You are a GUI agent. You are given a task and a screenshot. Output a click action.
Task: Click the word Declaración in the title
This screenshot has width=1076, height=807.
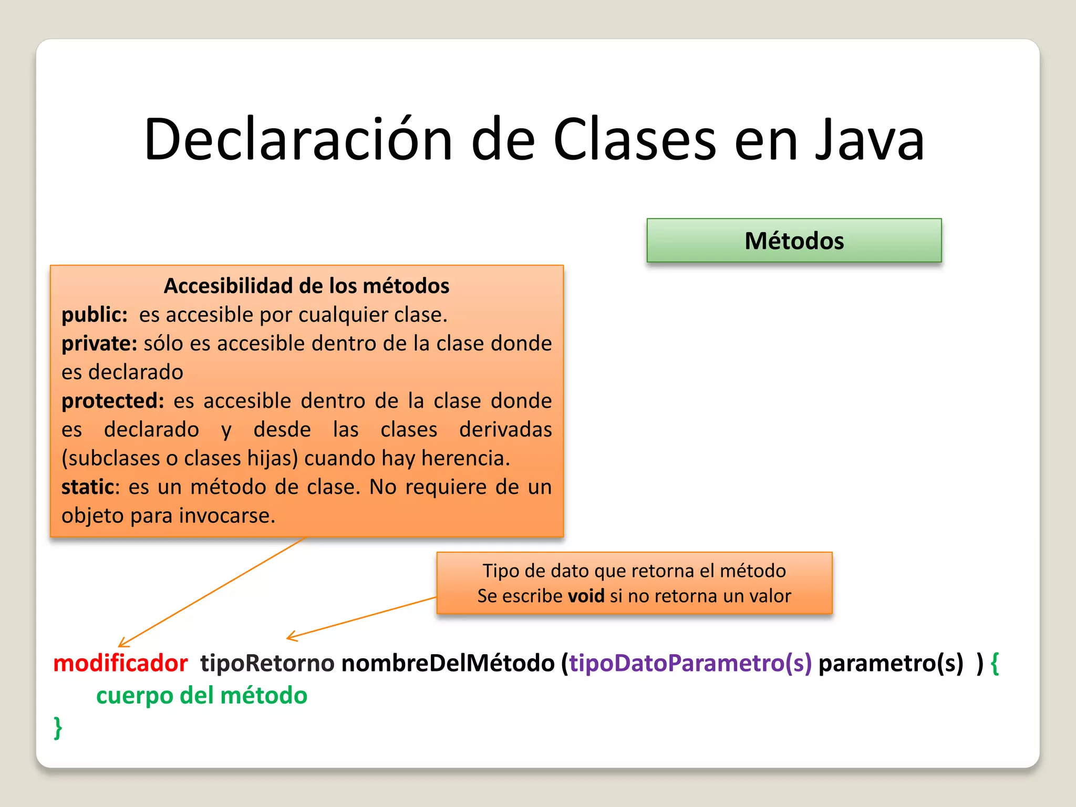point(298,140)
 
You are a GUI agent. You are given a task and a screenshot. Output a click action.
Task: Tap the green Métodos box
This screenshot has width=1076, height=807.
point(794,241)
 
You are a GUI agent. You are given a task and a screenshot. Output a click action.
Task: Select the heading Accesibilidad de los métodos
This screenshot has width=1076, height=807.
point(306,286)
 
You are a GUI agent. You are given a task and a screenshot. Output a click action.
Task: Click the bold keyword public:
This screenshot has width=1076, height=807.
point(95,315)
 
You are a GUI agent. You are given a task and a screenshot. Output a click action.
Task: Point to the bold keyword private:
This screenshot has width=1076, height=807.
point(99,344)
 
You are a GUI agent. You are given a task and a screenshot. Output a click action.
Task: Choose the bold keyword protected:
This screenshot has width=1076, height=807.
point(113,401)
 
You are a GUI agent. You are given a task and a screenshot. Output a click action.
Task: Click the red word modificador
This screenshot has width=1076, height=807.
point(120,663)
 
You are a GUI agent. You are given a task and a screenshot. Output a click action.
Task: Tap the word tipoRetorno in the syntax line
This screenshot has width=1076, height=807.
point(267,663)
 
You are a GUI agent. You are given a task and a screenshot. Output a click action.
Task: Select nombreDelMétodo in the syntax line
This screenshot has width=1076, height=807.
point(448,663)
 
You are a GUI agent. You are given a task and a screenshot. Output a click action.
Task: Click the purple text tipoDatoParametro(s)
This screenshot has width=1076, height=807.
point(690,663)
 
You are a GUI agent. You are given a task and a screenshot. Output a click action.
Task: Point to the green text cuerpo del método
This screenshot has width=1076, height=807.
point(202,696)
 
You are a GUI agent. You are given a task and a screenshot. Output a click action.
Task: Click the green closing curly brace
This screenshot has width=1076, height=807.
point(58,728)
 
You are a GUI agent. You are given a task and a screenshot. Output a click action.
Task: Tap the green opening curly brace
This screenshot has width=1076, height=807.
point(994,663)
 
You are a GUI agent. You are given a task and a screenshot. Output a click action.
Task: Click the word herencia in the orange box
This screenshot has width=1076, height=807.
point(465,458)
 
